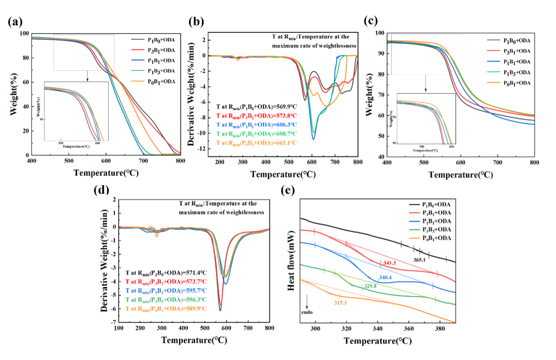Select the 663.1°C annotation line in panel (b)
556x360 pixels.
257,143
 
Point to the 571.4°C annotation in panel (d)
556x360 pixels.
166,273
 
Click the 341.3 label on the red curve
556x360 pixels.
389,263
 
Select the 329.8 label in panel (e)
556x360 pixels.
369,286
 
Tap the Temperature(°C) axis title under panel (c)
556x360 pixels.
460,175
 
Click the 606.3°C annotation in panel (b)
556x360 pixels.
257,124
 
